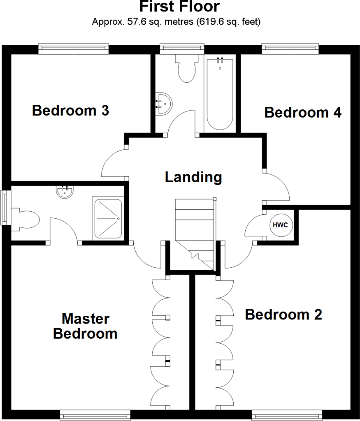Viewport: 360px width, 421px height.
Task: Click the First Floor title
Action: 179,7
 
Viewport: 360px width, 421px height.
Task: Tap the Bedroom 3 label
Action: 70,111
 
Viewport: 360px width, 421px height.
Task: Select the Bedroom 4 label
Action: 303,112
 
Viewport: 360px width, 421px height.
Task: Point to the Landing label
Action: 193,177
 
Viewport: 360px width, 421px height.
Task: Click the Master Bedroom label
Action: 85,326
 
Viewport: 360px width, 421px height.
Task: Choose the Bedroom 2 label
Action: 283,315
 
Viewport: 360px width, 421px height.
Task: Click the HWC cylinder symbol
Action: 281,225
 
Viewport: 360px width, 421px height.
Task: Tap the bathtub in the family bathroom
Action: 220,94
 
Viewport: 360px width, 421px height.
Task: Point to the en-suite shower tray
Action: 108,218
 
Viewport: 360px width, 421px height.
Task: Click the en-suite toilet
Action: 26,218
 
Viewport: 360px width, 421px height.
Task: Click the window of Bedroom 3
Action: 74,49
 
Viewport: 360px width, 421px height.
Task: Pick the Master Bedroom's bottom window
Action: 95,414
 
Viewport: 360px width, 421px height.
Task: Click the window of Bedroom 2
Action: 287,414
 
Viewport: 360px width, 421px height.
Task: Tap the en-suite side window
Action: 5,208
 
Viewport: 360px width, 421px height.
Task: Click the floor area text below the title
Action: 176,22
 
